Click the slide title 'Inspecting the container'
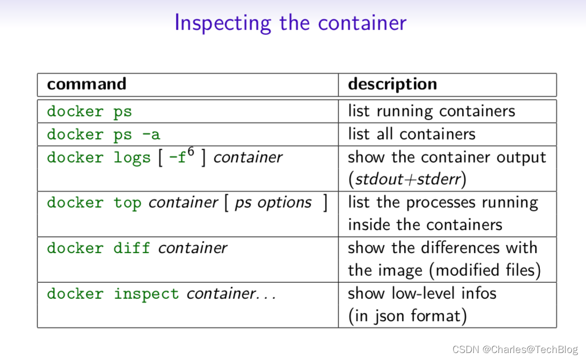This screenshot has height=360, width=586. tap(290, 23)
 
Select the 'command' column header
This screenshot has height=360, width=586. tap(86, 84)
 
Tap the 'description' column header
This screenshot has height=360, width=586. tap(392, 84)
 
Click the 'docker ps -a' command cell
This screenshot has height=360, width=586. tap(103, 134)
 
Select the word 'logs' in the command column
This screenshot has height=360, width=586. tap(131, 158)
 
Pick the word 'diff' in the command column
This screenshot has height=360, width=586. tap(131, 248)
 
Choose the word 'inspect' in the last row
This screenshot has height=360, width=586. tap(146, 294)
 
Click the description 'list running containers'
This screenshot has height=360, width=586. tap(431, 111)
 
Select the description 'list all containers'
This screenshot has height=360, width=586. tap(412, 134)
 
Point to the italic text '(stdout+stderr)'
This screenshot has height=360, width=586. tap(407, 179)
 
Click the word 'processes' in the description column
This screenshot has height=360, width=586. tap(445, 202)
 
